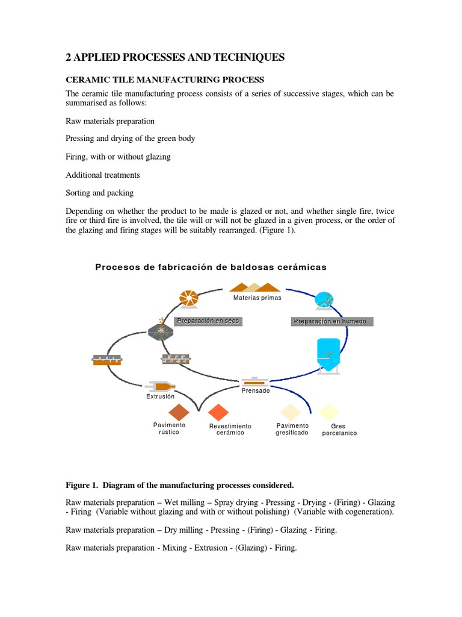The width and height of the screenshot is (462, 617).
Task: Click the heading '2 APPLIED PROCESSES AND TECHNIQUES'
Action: [x=175, y=58]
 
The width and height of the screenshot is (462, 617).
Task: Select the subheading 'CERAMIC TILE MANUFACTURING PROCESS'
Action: [x=164, y=80]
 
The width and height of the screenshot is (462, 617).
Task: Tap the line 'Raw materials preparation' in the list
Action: [x=110, y=121]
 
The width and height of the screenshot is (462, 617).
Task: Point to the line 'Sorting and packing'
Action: [x=99, y=193]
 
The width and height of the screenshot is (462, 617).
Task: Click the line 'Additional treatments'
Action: [x=102, y=175]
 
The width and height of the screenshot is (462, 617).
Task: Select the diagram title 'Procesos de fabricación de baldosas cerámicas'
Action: [x=211, y=268]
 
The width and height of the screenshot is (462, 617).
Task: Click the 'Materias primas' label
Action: [x=257, y=298]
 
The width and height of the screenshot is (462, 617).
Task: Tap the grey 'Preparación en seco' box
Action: [x=208, y=321]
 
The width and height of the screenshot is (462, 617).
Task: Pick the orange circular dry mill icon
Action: [x=189, y=298]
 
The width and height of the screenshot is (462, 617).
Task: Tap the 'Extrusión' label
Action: [x=160, y=396]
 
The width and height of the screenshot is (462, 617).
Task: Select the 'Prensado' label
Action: [x=256, y=390]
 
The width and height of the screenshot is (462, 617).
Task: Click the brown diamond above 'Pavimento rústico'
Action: [x=179, y=412]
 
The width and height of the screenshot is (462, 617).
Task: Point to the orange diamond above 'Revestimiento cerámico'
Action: [x=218, y=412]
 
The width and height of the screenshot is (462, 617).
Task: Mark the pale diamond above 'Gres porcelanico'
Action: [x=329, y=412]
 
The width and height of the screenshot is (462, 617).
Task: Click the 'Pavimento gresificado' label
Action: [x=292, y=429]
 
